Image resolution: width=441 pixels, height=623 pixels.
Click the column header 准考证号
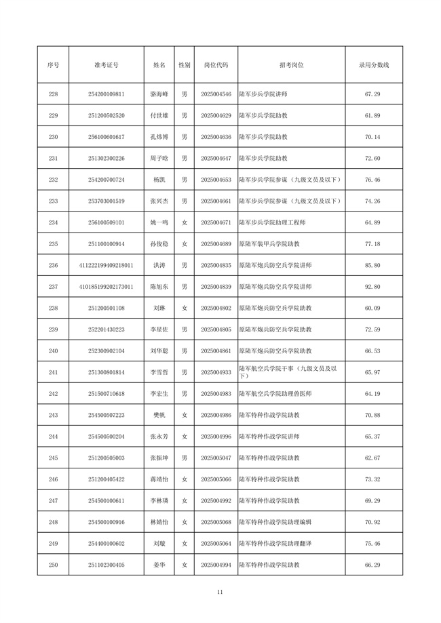[x=106, y=65]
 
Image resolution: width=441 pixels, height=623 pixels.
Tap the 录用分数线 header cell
[x=373, y=65]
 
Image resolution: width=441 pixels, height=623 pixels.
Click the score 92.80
[x=373, y=287]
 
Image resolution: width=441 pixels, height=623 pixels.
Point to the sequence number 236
[x=54, y=265]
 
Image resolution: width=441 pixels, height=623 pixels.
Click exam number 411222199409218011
[x=106, y=265]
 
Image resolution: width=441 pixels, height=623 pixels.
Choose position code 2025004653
[x=216, y=180]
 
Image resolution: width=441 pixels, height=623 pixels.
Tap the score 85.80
[x=373, y=265]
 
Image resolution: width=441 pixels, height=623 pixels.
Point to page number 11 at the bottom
[x=220, y=592]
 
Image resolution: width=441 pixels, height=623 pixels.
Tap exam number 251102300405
[x=106, y=565]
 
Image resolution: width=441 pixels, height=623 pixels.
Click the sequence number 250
[x=54, y=565]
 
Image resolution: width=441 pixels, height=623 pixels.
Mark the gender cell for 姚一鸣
[x=184, y=222]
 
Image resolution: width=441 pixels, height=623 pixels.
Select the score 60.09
[x=373, y=308]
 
